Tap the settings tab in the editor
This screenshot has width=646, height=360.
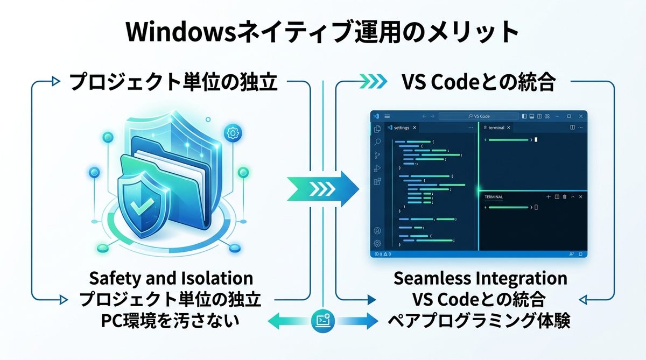pos(402,128)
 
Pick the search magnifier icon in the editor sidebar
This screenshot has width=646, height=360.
pos(377,142)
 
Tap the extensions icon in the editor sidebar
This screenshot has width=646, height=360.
pos(377,182)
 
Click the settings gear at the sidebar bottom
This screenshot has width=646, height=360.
pos(377,243)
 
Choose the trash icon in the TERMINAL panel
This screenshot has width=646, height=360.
pos(564,197)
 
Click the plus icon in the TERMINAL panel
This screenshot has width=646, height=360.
pos(548,197)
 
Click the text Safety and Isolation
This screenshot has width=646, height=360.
pos(171,278)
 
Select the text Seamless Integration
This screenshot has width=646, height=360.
pos(480,278)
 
